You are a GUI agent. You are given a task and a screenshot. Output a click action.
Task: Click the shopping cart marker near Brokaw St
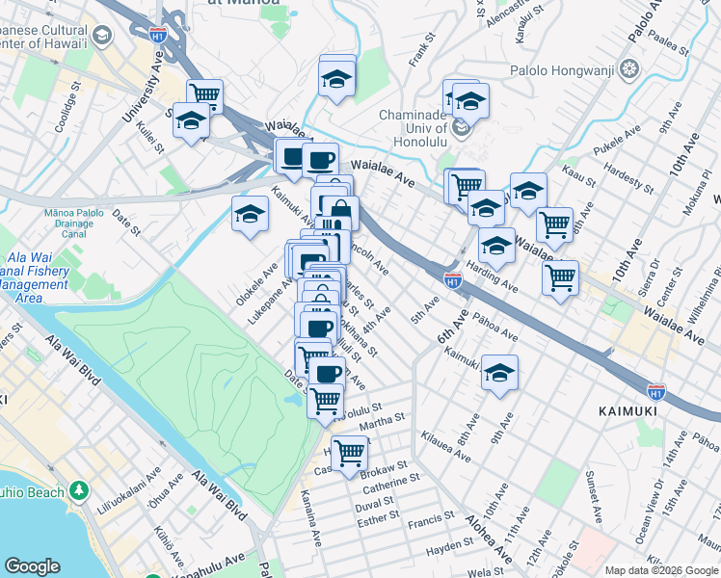pos(348,451)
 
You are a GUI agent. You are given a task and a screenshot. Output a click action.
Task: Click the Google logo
pos(32,566)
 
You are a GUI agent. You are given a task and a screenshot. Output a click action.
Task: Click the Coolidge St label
pos(66,113)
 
